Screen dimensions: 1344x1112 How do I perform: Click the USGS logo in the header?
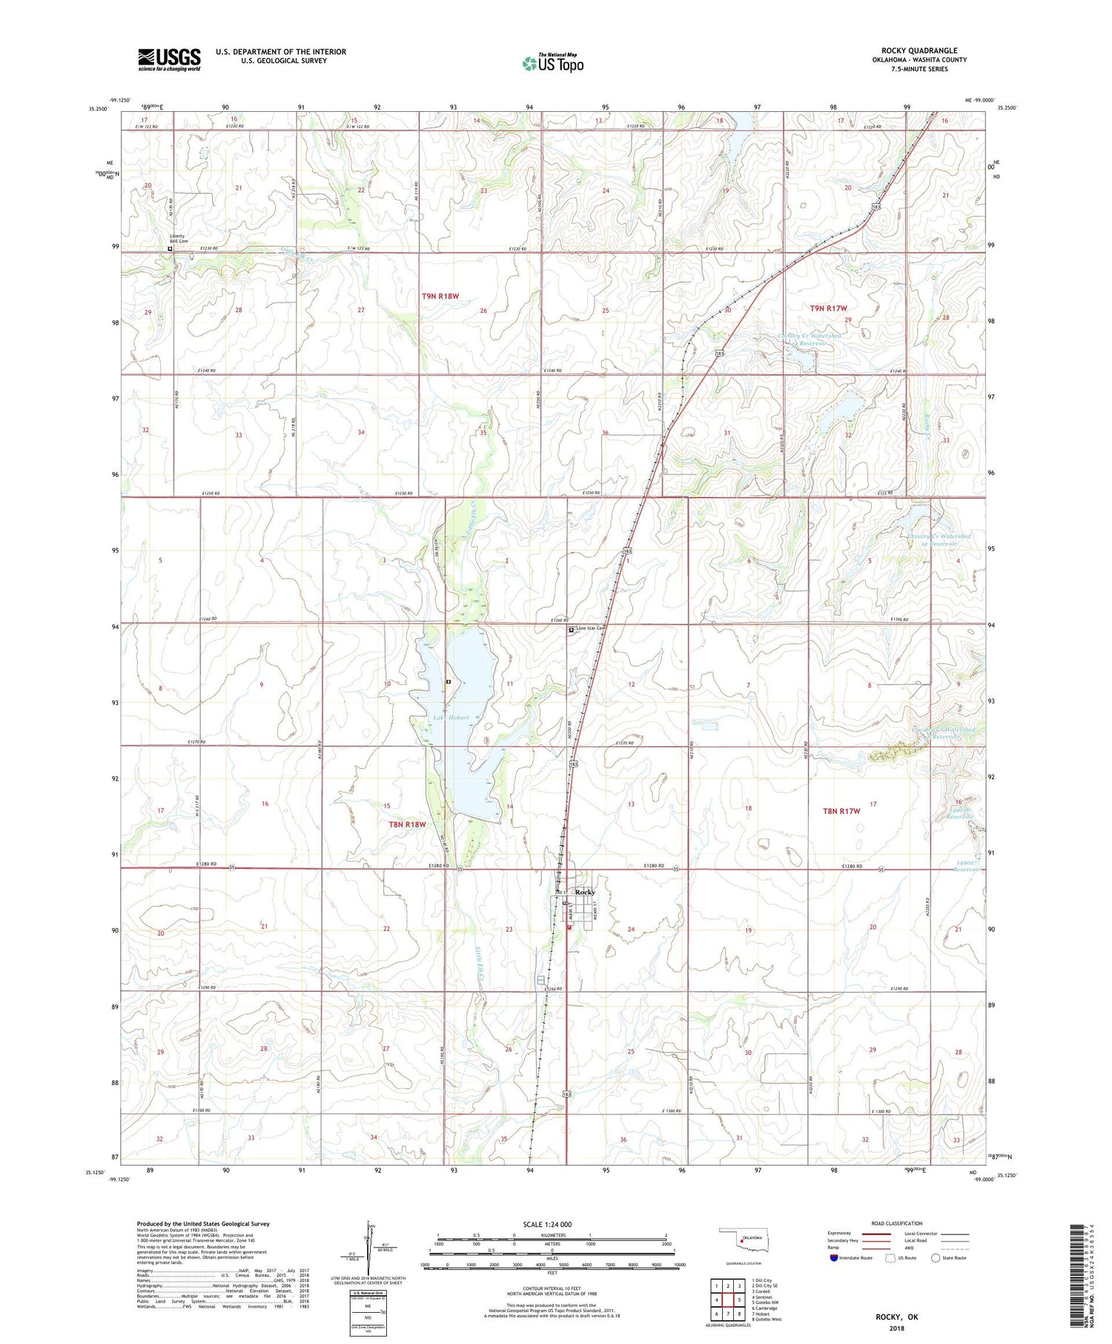tap(169, 59)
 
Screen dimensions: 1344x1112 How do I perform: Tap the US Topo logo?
tap(552, 64)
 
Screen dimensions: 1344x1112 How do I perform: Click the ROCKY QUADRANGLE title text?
tap(919, 50)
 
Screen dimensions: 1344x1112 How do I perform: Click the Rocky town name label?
tap(585, 892)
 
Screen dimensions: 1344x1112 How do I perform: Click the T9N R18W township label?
tap(440, 296)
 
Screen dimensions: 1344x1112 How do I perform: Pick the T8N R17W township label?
tap(841, 811)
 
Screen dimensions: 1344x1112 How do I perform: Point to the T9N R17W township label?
tap(829, 308)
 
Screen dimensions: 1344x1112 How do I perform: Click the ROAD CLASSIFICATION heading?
tap(897, 1223)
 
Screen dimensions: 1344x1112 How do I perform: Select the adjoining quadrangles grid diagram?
tap(727, 1300)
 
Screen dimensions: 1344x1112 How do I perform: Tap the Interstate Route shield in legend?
tap(834, 1258)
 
